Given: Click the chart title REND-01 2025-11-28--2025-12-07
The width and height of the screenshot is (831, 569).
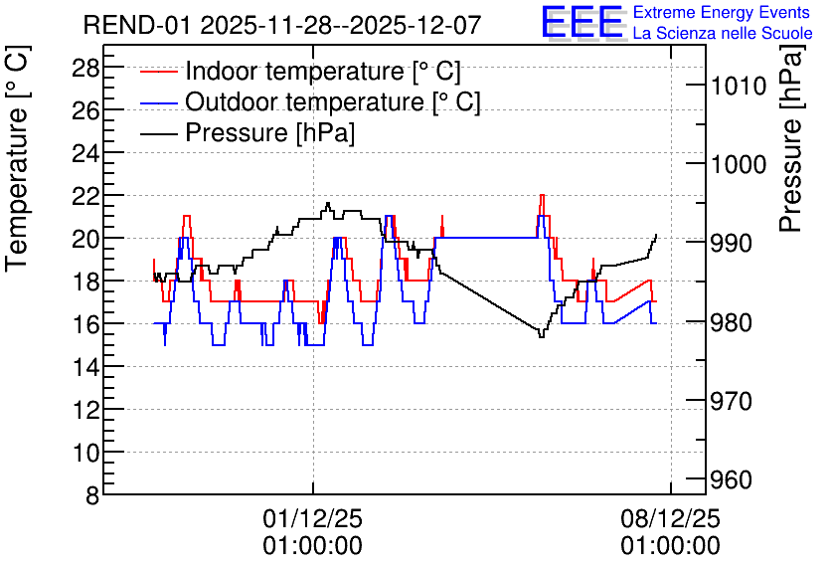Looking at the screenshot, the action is (282, 25).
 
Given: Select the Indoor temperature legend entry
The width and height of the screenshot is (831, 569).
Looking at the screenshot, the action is (301, 71).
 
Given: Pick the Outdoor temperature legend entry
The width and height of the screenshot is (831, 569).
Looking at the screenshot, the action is (310, 101).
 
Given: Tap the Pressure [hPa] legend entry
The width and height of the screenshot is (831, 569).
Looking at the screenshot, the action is (248, 132).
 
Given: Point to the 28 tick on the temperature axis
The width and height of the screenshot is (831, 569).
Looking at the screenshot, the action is (85, 68).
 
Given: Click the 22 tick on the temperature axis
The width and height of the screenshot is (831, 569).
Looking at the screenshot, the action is (85, 196).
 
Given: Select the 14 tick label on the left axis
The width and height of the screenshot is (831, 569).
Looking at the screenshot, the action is (85, 367).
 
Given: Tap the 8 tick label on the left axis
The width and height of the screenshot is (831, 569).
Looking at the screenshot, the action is (92, 495).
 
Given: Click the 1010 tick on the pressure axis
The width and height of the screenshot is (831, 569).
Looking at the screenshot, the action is (738, 86).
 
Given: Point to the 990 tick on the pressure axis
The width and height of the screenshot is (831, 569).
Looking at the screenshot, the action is (732, 244).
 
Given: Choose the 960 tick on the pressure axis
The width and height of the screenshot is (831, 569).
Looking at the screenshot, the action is (732, 479).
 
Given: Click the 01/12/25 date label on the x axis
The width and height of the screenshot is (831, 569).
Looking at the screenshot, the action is (313, 518).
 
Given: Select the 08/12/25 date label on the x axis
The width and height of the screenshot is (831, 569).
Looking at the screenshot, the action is (670, 518).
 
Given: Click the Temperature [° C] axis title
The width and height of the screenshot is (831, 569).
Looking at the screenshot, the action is (18, 158).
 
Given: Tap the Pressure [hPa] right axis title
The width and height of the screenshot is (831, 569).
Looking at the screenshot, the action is (791, 138).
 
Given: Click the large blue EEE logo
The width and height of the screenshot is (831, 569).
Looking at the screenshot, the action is (582, 22).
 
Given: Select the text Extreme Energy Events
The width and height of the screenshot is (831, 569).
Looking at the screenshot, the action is (722, 12).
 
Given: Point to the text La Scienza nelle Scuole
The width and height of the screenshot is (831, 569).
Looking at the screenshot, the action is (723, 33).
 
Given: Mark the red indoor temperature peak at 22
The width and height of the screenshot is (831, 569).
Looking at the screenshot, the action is (542, 195).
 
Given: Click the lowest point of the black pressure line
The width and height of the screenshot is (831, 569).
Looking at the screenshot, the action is (541, 337).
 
